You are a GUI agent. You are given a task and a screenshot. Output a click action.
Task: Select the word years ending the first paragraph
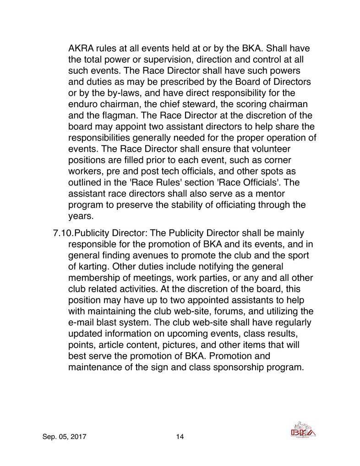80,214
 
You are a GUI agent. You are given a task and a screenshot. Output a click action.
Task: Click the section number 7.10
63,233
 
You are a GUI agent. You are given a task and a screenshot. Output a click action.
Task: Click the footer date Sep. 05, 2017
64,436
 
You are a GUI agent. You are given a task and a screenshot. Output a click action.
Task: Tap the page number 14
180,436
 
